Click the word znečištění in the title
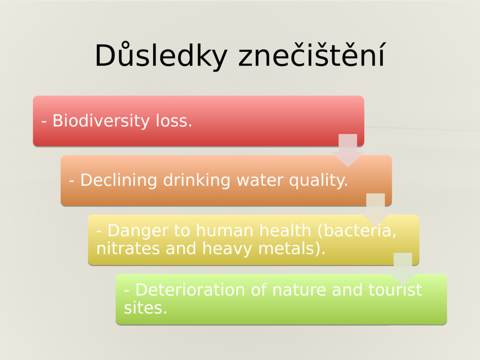pyautogui.click(x=312, y=56)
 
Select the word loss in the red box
pyautogui.click(x=174, y=121)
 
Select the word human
pyautogui.click(x=225, y=231)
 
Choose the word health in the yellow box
pyautogui.click(x=286, y=231)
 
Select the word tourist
pyautogui.click(x=395, y=290)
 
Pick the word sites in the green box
pyautogui.click(x=145, y=308)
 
